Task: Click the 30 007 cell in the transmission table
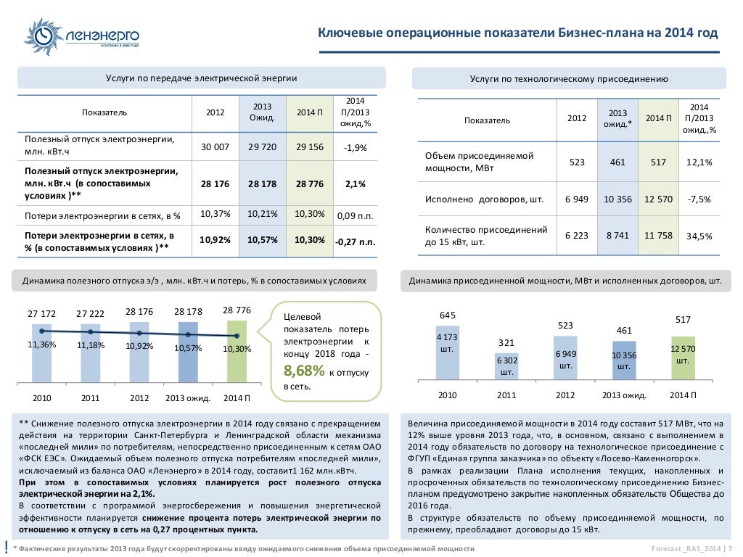(215, 147)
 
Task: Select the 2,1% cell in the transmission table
(356, 184)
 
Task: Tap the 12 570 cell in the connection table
(659, 199)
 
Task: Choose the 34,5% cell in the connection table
(699, 236)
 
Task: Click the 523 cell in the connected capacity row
(577, 162)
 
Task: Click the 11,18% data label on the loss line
(91, 345)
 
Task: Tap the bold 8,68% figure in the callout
(305, 371)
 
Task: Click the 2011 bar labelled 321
(506, 366)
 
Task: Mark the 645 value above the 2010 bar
(448, 315)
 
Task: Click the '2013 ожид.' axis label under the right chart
(623, 395)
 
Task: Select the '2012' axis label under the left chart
(139, 398)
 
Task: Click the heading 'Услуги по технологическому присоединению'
(569, 78)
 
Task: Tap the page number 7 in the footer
(730, 548)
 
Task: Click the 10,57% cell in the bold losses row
(262, 240)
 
